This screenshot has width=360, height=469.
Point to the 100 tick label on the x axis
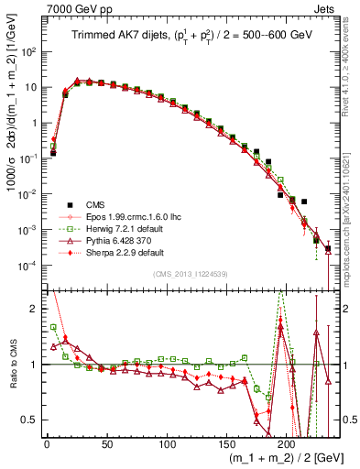167,442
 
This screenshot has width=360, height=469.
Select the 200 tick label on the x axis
287,442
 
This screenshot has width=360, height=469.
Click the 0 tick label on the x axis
47,442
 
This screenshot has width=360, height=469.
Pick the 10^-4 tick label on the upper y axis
27,266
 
